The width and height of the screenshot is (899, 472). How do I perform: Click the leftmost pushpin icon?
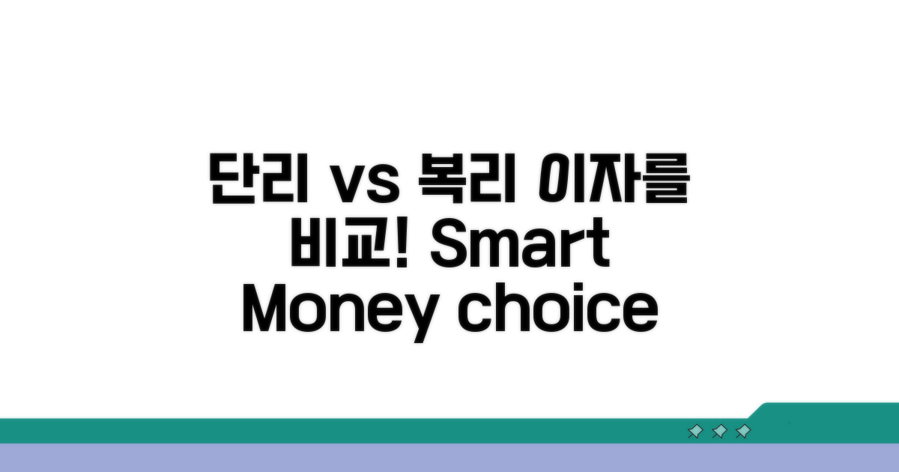[x=694, y=432]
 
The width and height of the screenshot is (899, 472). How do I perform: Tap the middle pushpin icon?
[x=719, y=432]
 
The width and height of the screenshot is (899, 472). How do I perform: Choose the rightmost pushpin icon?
[x=743, y=432]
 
